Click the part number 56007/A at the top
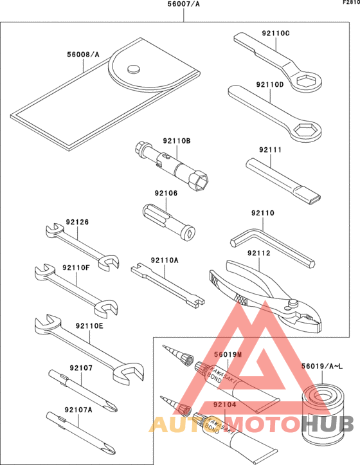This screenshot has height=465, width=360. click(183, 5)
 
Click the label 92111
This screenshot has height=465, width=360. click(271, 150)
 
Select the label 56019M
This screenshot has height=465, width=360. click(227, 354)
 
